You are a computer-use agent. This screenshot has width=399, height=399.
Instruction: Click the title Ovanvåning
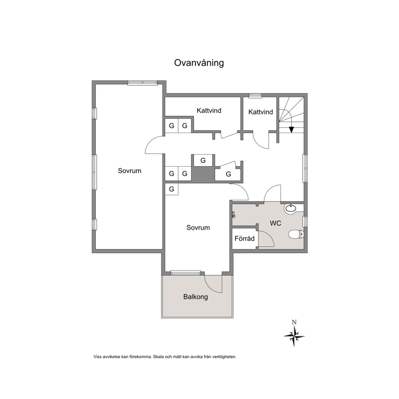199,63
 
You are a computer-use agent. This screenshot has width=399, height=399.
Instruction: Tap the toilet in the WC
296,234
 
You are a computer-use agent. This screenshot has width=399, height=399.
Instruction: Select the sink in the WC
290,208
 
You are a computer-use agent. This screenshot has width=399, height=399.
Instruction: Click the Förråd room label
245,239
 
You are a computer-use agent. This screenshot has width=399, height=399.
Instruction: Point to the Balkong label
195,297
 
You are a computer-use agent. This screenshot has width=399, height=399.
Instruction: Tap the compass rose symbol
294,336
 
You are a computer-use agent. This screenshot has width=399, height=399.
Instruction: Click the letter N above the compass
294,322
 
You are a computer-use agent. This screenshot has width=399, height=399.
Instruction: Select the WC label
276,223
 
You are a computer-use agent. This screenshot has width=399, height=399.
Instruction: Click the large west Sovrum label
130,171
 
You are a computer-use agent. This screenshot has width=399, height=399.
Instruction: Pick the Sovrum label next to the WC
198,228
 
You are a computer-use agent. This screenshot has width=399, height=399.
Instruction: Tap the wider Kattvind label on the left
209,111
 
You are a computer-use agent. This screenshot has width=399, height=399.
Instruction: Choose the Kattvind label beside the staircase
261,112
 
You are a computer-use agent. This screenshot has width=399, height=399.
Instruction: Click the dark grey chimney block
203,174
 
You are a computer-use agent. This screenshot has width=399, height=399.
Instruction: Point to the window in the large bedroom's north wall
142,82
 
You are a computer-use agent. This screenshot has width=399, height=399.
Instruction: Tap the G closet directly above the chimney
203,160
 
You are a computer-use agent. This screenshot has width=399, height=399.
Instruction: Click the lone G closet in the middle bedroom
171,189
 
